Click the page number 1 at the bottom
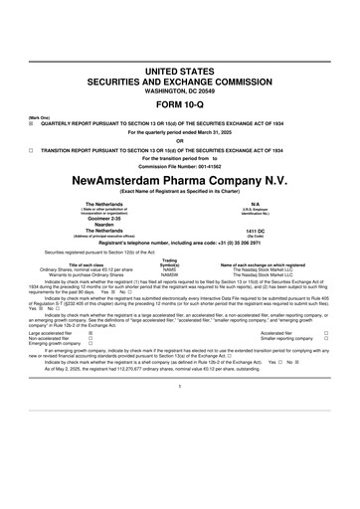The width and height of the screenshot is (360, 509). (180, 412)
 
